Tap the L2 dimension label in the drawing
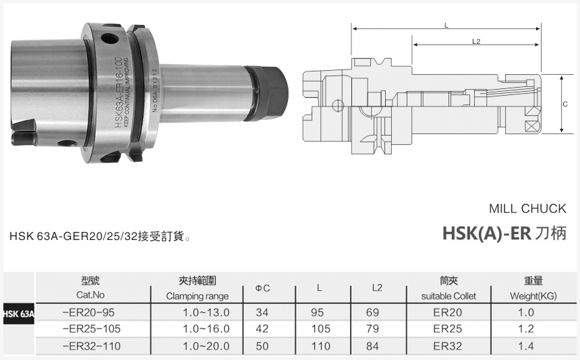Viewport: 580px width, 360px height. pyautogui.click(x=476, y=42)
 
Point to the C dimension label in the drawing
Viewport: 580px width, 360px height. pyautogui.click(x=564, y=104)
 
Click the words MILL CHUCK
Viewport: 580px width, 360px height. pyautogui.click(x=527, y=209)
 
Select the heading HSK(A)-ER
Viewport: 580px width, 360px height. pyautogui.click(x=487, y=233)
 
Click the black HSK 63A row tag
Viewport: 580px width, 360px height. pyautogui.click(x=18, y=313)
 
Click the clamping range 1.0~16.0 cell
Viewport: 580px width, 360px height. pyautogui.click(x=206, y=329)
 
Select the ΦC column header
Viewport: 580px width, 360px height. pyautogui.click(x=262, y=289)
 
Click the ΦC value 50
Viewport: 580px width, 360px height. pyautogui.click(x=262, y=346)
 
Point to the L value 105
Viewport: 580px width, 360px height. pyautogui.click(x=320, y=329)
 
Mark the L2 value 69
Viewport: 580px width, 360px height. pyautogui.click(x=378, y=312)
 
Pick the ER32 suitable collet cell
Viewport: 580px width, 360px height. pyautogui.click(x=448, y=346)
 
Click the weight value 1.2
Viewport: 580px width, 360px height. pyautogui.click(x=526, y=329)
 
